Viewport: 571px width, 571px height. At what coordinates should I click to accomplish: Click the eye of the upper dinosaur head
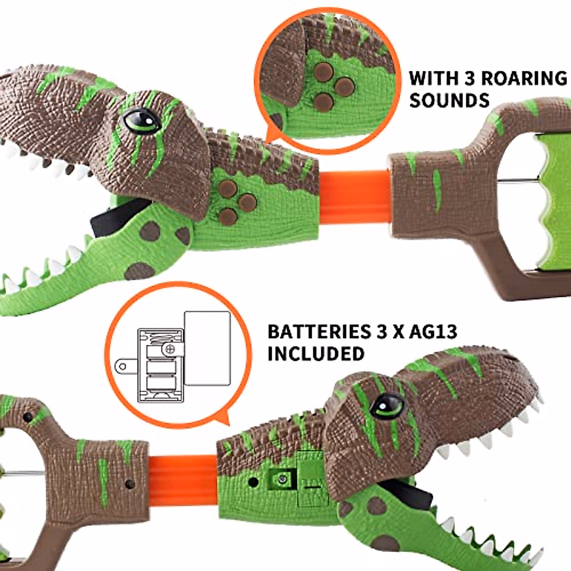141,121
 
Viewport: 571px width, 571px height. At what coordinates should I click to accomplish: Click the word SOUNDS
449,101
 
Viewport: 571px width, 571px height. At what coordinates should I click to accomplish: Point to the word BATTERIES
316,332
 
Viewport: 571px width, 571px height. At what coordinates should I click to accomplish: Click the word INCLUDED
316,354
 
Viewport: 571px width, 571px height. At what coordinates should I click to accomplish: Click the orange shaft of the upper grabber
354,190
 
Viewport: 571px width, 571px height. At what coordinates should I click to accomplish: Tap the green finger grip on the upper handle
552,200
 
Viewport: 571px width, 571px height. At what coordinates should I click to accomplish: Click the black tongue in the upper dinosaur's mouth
119,217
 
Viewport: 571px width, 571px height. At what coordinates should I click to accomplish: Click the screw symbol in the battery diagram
170,349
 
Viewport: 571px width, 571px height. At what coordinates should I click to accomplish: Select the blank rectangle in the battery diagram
207,348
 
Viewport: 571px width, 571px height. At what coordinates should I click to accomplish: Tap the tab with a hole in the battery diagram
125,366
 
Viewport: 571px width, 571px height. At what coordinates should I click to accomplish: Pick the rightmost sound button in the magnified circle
344,86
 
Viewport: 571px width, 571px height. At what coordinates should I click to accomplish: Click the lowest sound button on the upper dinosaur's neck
228,217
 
